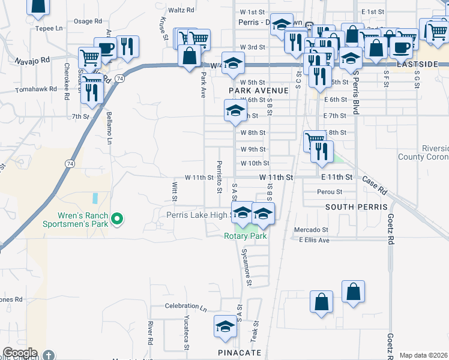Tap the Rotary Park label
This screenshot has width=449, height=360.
(x=245, y=236)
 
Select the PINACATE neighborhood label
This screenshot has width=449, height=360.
(x=240, y=353)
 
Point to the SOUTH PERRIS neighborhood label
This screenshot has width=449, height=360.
(x=353, y=206)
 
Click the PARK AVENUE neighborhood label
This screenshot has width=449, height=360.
(x=259, y=91)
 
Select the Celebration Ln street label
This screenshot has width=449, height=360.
(x=185, y=306)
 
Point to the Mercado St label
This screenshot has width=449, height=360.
(x=311, y=230)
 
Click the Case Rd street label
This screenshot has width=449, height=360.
(x=374, y=185)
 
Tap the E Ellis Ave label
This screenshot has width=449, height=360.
(x=314, y=240)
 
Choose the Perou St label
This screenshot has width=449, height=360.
(x=330, y=192)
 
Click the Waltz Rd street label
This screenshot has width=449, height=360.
(x=181, y=10)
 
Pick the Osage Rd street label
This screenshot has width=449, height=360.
(x=83, y=21)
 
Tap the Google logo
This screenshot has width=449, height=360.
(x=20, y=353)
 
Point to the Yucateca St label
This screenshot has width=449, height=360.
(x=187, y=334)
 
